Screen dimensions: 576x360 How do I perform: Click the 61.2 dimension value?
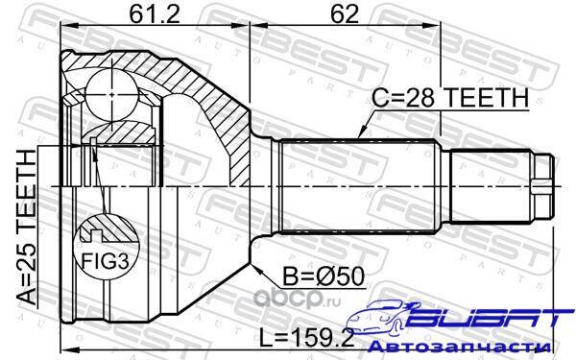tap(155, 14)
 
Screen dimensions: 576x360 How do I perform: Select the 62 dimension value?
tap(345, 14)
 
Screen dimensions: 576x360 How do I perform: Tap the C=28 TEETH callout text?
tap(450, 97)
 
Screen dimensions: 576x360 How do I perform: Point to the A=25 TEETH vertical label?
tap(28, 227)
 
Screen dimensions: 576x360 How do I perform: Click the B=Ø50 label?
tap(324, 276)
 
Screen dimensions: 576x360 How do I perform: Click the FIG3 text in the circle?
tap(105, 261)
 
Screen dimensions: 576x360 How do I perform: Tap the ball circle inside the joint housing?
tap(111, 94)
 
